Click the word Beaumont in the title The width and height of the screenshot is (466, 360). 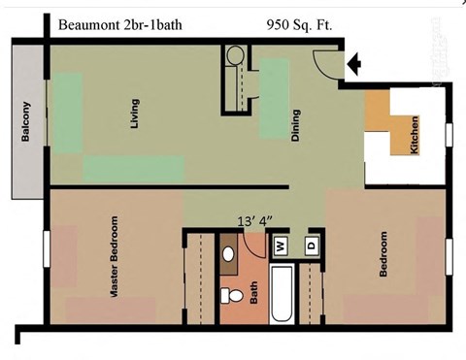coord(84,24)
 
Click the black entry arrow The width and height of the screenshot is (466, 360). coord(355,65)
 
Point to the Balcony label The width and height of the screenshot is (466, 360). coord(26,122)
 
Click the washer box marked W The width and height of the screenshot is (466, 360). coord(280,245)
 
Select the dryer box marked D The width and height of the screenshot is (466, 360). coord(313,245)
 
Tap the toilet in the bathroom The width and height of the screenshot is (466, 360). coord(231,295)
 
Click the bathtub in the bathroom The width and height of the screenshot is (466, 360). coord(281,296)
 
